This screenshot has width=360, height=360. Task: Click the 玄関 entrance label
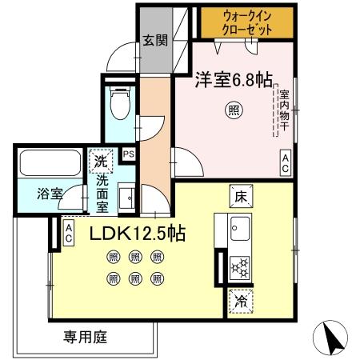click(155, 40)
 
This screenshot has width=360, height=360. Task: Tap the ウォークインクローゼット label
click(247, 22)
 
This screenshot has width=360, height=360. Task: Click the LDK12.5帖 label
click(138, 234)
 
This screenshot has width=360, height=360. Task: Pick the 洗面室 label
click(102, 194)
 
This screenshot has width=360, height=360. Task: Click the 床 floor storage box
click(239, 194)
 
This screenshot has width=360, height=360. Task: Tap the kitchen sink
click(239, 229)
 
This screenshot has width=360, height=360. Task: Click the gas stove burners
click(238, 268)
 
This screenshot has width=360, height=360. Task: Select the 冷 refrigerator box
click(239, 302)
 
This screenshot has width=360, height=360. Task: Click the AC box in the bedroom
click(285, 162)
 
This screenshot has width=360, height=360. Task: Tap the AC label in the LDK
click(70, 233)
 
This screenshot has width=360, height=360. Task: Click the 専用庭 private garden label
click(85, 337)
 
